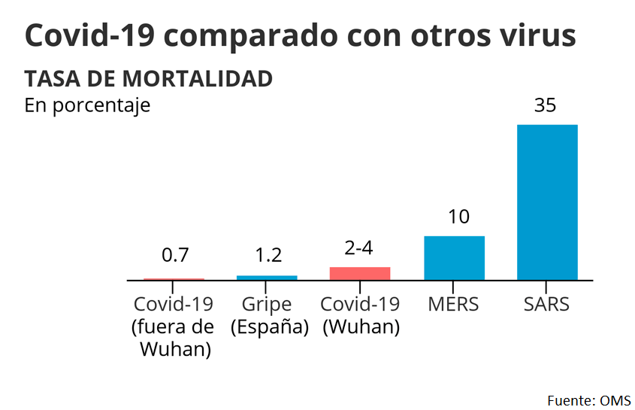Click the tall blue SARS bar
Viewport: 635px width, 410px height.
546,202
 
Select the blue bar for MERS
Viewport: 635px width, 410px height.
454,257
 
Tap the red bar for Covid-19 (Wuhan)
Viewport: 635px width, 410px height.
360,273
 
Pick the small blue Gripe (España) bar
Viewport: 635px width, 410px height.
267,278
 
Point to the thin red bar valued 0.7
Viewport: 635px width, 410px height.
174,278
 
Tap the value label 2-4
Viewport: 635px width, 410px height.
358,248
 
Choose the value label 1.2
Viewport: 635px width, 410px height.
268,255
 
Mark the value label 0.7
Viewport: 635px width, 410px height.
175,255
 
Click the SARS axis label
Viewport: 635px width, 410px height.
546,305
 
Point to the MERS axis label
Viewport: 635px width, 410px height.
453,305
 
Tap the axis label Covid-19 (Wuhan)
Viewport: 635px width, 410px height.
360,316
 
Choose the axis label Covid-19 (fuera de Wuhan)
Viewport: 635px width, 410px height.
174,327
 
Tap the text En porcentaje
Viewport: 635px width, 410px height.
87,105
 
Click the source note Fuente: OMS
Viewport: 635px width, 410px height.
588,399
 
